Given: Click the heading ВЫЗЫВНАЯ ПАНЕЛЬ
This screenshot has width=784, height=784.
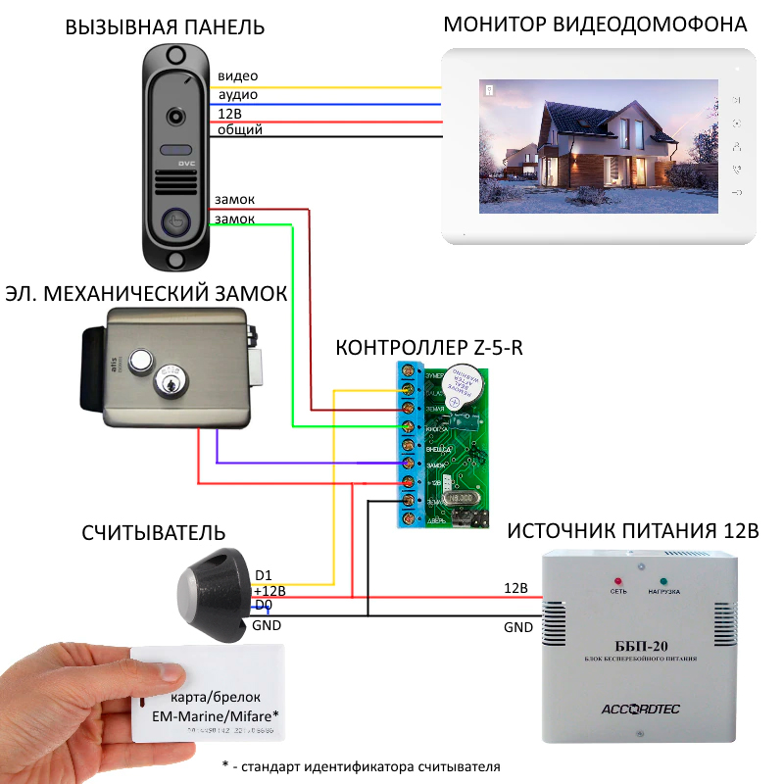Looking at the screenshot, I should (x=165, y=27).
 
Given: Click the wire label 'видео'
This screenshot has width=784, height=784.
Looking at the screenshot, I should (x=238, y=76).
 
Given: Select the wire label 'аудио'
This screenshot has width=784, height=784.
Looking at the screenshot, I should (x=238, y=95).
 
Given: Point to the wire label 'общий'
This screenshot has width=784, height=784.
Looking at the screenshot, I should (x=240, y=129).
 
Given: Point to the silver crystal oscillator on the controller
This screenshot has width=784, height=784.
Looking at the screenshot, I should (x=462, y=497).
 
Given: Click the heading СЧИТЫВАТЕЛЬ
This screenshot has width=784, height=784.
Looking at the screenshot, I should (x=154, y=533).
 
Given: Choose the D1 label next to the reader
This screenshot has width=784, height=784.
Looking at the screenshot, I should (x=264, y=575).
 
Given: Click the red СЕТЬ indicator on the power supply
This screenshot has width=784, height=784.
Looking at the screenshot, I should (x=618, y=579).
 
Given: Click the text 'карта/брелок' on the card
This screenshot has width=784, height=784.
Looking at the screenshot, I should (x=210, y=698).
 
